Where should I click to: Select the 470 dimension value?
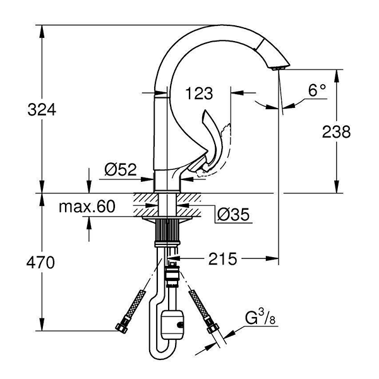[42, 261]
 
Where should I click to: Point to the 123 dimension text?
[200, 93]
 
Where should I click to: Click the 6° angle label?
[317, 90]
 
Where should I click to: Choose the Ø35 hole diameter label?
[232, 214]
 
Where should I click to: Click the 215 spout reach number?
[222, 258]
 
